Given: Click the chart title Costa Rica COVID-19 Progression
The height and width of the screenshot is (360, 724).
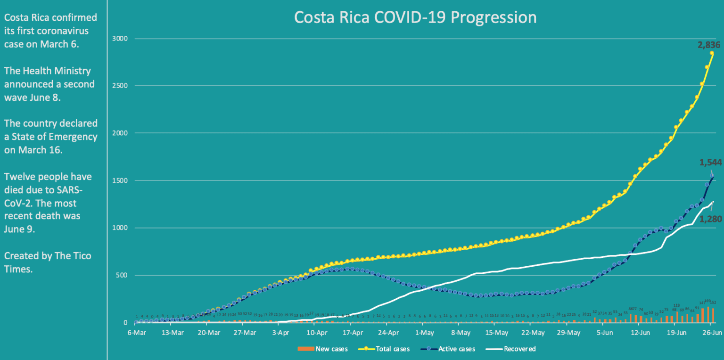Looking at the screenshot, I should point(415,17).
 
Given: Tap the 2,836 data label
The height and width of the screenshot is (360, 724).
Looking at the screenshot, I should point(709,45).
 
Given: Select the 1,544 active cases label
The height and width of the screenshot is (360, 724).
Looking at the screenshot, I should point(711,163).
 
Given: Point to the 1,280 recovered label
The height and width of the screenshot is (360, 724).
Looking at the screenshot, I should point(711,219).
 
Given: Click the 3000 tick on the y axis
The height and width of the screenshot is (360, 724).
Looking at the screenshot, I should point(119,38).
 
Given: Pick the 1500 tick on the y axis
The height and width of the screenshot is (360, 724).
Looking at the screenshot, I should point(119,180).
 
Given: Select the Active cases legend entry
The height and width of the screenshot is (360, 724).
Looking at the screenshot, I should point(457,349).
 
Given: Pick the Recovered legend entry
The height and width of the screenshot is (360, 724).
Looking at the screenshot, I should point(519,349).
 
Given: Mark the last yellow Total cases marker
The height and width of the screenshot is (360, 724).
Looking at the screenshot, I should point(712,53).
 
